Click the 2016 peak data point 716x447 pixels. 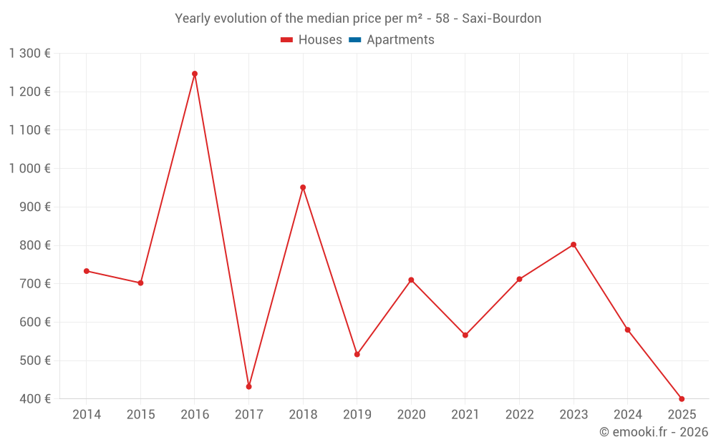click(x=195, y=74)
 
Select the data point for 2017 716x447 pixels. click(x=248, y=387)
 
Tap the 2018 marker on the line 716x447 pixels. click(x=303, y=187)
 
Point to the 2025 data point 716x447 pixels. click(x=682, y=399)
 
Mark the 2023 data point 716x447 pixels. click(x=574, y=245)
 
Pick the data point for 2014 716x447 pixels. click(x=87, y=271)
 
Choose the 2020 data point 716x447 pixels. click(x=411, y=280)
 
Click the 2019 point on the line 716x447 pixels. click(x=357, y=355)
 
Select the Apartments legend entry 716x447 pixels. click(x=400, y=40)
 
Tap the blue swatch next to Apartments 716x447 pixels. click(x=354, y=40)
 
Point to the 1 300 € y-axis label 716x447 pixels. click(x=30, y=54)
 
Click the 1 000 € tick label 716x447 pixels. click(x=30, y=169)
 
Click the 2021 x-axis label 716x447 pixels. click(x=465, y=415)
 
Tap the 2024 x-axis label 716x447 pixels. click(x=628, y=415)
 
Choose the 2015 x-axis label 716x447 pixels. click(x=140, y=415)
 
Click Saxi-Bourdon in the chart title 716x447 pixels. click(x=501, y=19)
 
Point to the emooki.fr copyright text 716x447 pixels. click(x=654, y=432)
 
